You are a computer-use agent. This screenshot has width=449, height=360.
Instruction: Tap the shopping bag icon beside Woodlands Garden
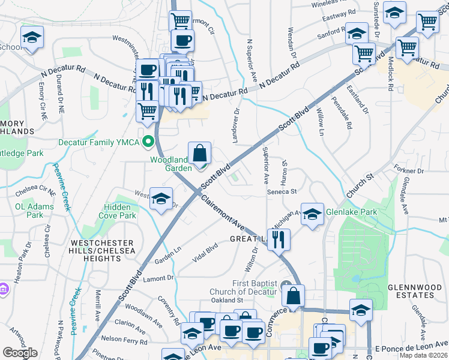[199, 154]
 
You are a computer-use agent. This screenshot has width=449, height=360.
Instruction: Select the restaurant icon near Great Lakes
[279, 239]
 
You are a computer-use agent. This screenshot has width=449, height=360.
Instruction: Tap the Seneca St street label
[282, 191]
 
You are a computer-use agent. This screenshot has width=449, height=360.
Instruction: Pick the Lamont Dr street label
[158, 278]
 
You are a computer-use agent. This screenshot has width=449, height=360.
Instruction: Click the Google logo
[20, 353]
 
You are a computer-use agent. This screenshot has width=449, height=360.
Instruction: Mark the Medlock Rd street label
[391, 74]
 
